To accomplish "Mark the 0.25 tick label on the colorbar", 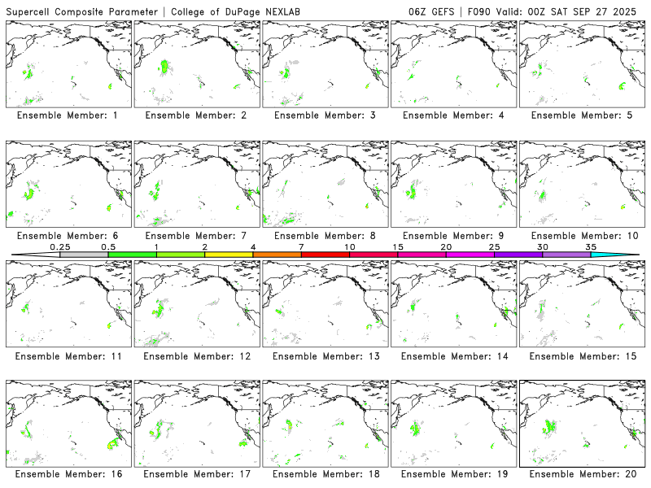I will click(59, 246).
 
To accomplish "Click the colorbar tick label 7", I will click(301, 246).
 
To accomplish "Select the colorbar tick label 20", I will click(446, 246).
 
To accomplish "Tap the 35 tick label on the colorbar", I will click(591, 246).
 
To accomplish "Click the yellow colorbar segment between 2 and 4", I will click(229, 255).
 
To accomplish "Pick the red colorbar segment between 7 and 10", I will click(325, 255).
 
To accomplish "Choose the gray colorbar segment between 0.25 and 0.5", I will click(84, 255).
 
